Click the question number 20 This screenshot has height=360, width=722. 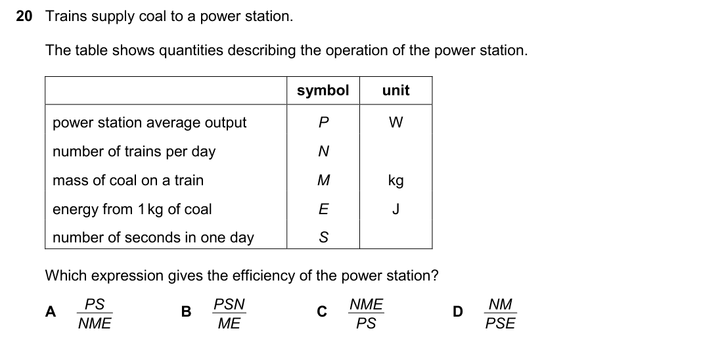point(24,16)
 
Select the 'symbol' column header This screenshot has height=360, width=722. point(323,90)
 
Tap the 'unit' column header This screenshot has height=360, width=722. point(395,90)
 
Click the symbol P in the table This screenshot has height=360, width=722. point(324,122)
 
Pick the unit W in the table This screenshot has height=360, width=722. point(395,122)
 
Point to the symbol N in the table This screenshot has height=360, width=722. point(324,151)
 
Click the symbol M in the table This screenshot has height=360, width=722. point(324,180)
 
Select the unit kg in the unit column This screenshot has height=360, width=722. point(395,181)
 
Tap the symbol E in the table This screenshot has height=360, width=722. point(324,209)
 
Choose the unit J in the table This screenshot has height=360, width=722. point(395,209)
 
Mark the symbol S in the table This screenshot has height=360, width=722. point(324,237)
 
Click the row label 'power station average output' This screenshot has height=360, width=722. point(150,123)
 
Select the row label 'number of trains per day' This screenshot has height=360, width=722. point(134,152)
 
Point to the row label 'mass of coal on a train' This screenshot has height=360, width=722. point(128,180)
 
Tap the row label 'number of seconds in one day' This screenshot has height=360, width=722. point(153,238)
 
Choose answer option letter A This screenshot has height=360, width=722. point(51,311)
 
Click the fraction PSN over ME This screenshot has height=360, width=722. point(229,313)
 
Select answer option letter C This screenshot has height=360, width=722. point(322,311)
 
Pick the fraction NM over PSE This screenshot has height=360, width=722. point(500,313)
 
